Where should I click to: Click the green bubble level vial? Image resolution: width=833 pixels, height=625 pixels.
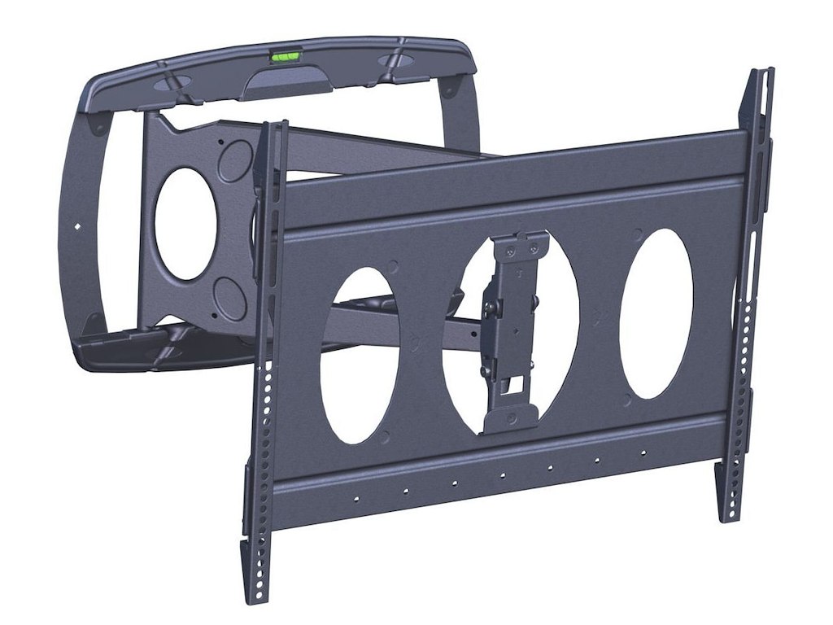[x=285, y=57]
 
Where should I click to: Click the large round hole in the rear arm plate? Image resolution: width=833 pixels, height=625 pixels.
[x=185, y=224]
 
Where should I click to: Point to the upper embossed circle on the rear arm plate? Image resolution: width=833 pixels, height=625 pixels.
[x=236, y=157]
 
